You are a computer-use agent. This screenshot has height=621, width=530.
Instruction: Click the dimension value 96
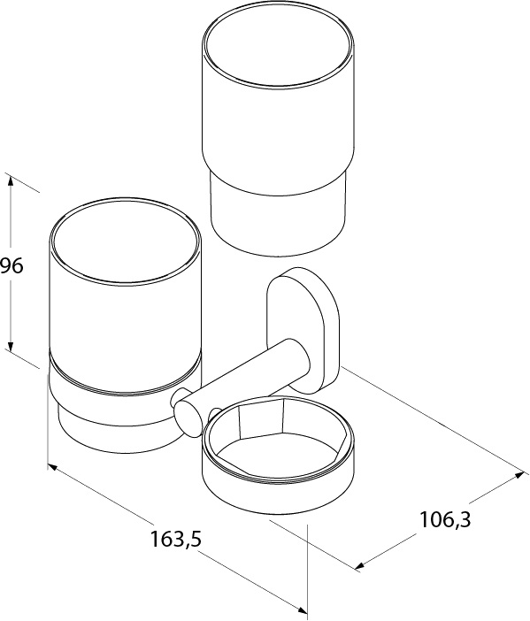pos(12,265)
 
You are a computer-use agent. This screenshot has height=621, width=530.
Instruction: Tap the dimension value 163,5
pos(176,539)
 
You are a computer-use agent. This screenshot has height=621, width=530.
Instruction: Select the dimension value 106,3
pos(445,519)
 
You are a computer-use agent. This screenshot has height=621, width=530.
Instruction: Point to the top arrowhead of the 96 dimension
pos(11,181)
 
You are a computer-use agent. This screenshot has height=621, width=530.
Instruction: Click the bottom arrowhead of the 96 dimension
pos(12,345)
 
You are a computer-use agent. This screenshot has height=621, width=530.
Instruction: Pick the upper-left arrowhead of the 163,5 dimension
pos(53,468)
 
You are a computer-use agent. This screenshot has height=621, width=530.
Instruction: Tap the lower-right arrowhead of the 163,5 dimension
pos(302,612)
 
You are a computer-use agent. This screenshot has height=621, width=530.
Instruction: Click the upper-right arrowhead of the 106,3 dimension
pos(518,475)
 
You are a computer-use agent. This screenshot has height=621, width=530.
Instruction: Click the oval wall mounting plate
pos(303,330)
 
